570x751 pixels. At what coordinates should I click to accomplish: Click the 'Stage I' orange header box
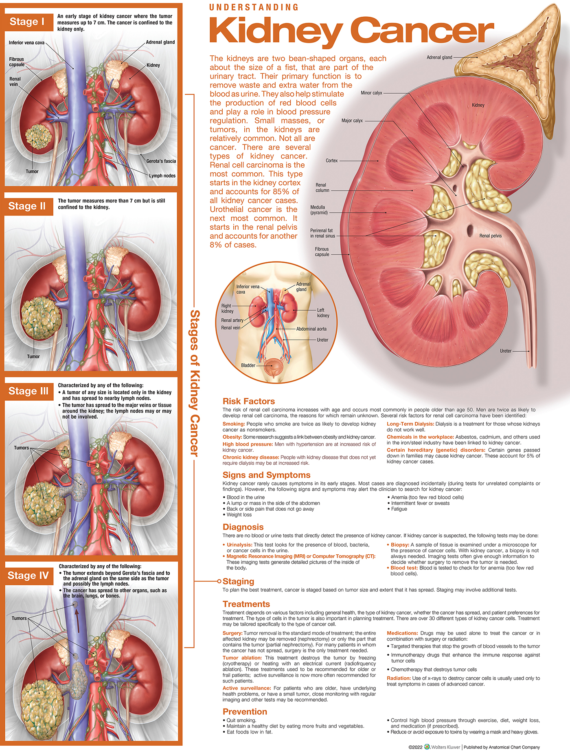28,22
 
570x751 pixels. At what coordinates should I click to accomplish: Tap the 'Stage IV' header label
28,575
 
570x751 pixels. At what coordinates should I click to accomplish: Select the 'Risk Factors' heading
248,401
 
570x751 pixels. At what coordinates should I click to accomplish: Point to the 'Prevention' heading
245,711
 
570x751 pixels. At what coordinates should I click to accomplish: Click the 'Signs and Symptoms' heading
266,475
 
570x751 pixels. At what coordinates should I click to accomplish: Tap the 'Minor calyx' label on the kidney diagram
371,93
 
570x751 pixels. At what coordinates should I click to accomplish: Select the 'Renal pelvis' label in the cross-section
490,236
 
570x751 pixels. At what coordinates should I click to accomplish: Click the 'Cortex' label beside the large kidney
331,161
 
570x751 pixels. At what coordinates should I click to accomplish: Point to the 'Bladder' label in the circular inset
248,365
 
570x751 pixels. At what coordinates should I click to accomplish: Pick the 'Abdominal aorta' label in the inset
311,329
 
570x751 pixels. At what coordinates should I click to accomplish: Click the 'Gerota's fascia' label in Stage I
161,161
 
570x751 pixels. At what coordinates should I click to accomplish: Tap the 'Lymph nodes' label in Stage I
162,176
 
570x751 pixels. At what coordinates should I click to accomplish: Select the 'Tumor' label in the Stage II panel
33,357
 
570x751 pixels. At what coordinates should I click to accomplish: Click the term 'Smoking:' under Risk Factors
233,424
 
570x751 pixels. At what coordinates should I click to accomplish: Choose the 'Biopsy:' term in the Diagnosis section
399,545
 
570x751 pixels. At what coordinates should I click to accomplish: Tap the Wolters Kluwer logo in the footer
427,747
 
